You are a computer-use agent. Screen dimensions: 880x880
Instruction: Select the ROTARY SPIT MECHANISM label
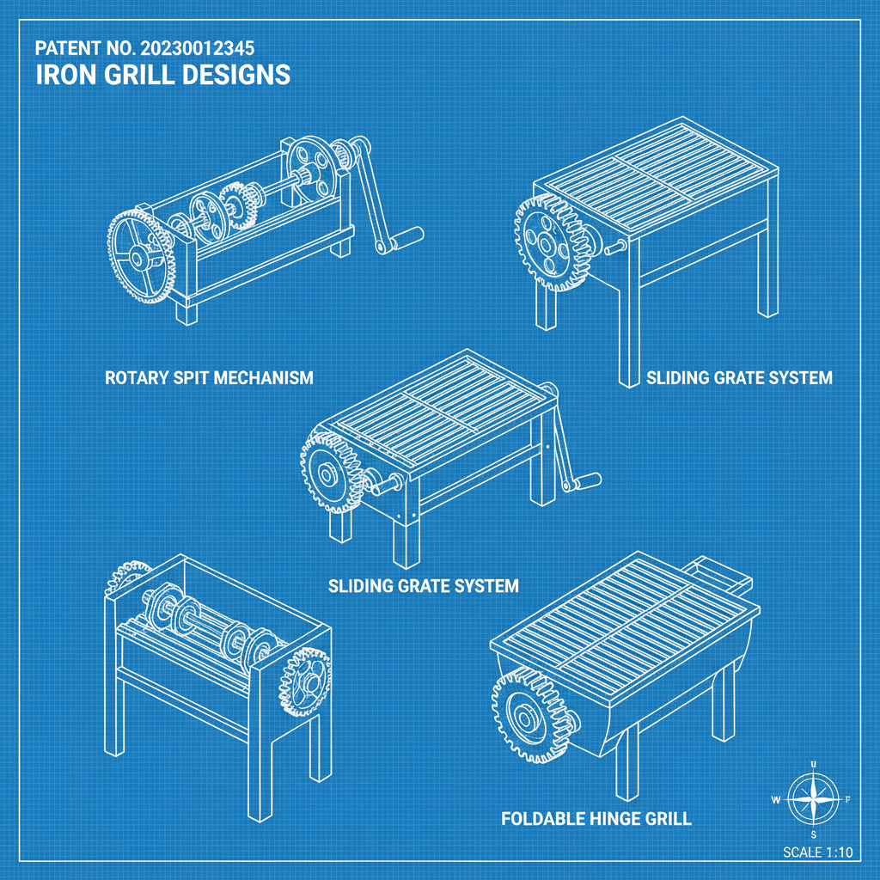point(208,377)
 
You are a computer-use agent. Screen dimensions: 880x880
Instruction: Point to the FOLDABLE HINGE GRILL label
point(596,818)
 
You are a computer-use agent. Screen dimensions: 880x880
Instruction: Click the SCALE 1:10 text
point(817,852)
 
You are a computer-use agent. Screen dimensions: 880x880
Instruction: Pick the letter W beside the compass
point(776,800)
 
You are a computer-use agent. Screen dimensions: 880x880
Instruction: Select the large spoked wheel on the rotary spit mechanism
point(137,255)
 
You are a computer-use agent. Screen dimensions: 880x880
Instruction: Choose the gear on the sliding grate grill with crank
point(332,472)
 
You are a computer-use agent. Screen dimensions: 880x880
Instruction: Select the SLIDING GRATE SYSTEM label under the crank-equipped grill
point(424,586)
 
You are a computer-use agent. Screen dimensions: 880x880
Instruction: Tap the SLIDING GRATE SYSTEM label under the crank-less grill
point(739,377)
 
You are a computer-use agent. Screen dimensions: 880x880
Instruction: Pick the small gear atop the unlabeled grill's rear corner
point(126,577)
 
